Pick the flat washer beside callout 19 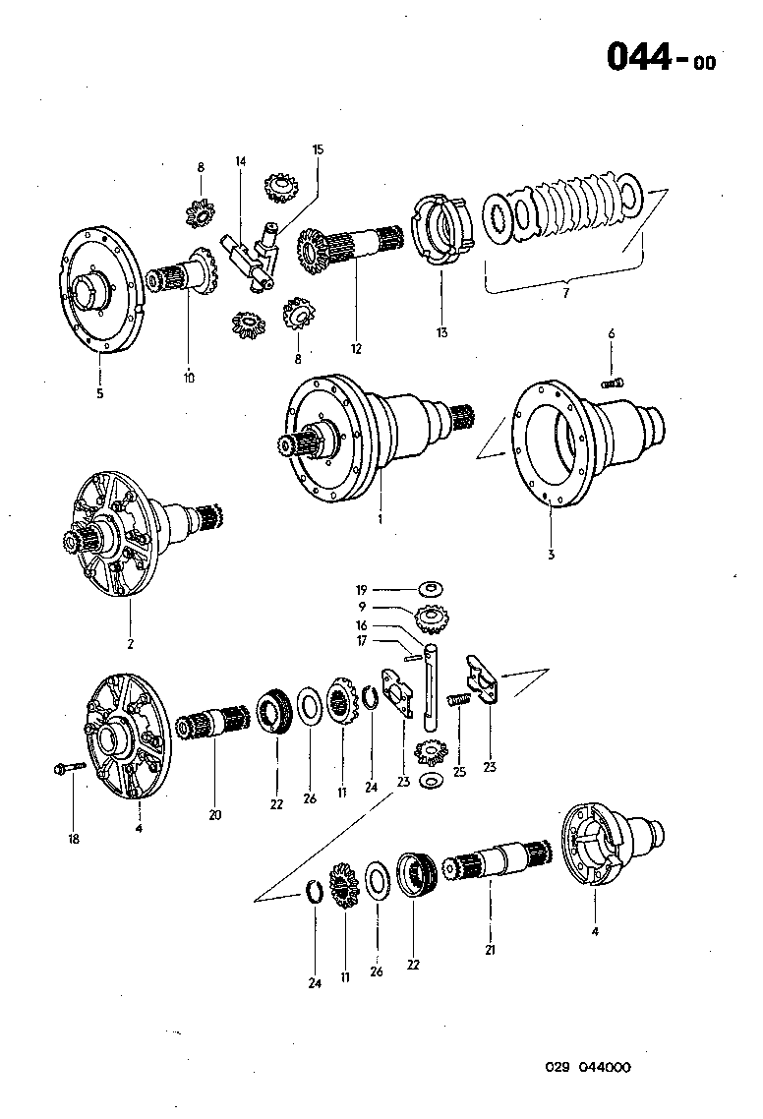(430, 588)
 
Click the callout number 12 (356, 348)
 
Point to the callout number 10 (188, 377)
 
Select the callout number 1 (380, 516)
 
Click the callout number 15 (317, 149)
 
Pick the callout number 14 (240, 160)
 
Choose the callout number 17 (363, 641)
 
